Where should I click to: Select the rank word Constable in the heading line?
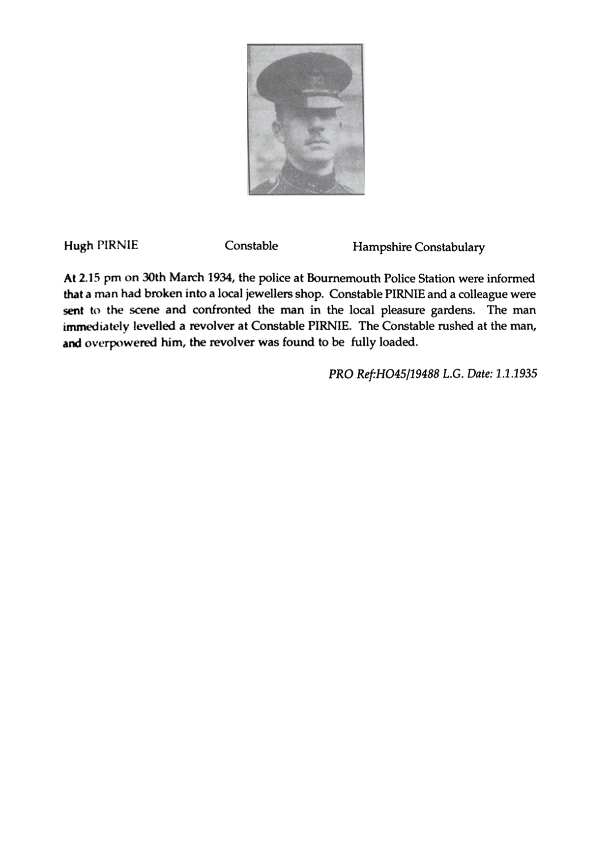click(251, 246)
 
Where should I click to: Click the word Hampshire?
click(381, 247)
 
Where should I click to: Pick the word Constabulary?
click(449, 247)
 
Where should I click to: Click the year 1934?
click(220, 278)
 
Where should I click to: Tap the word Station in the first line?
click(437, 278)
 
